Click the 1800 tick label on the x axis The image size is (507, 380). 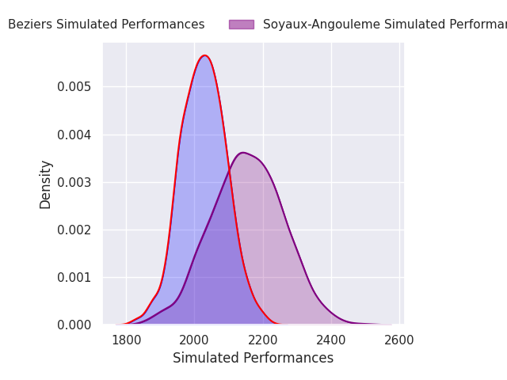126,340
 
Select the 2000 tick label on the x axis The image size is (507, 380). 194,340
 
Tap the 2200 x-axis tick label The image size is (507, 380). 263,340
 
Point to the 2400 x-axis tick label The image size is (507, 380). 331,340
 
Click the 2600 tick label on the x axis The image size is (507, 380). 399,340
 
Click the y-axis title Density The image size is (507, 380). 46,184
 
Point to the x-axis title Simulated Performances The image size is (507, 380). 253,358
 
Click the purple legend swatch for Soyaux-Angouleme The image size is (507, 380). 242,25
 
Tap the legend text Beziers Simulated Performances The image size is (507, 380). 106,25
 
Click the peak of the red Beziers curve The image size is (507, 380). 204,55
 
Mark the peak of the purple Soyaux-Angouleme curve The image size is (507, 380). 242,153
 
